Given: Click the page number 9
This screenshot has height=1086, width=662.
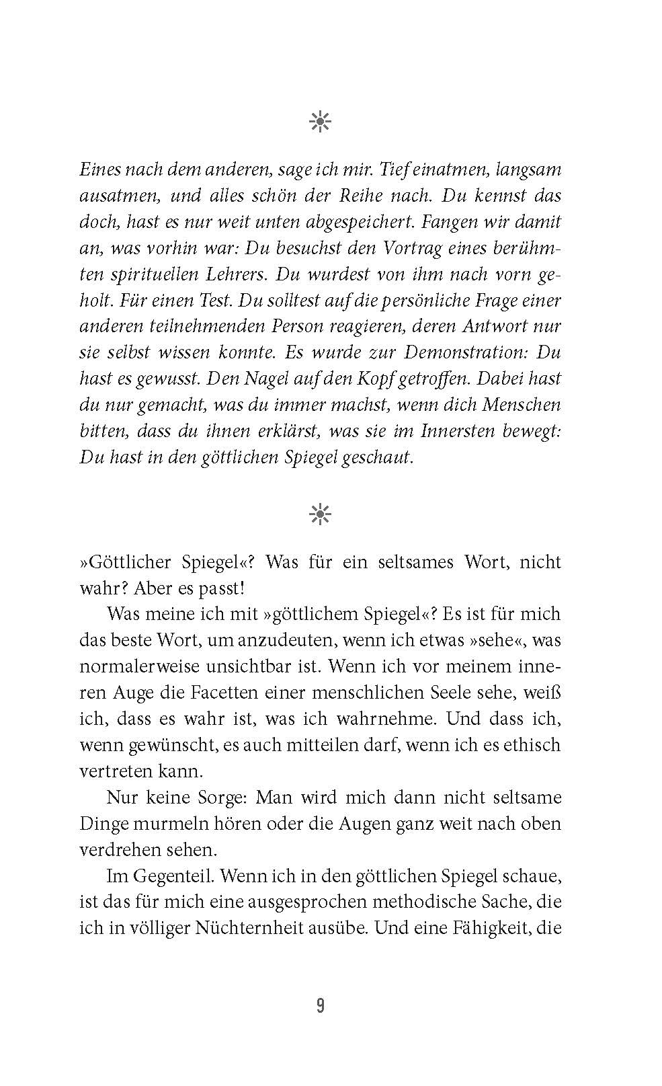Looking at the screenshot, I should pos(320,1006).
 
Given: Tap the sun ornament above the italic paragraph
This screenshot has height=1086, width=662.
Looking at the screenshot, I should pos(320,122).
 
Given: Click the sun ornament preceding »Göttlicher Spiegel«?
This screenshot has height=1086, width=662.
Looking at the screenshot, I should pos(320,514).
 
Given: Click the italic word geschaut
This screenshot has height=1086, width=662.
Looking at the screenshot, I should pos(377,457).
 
